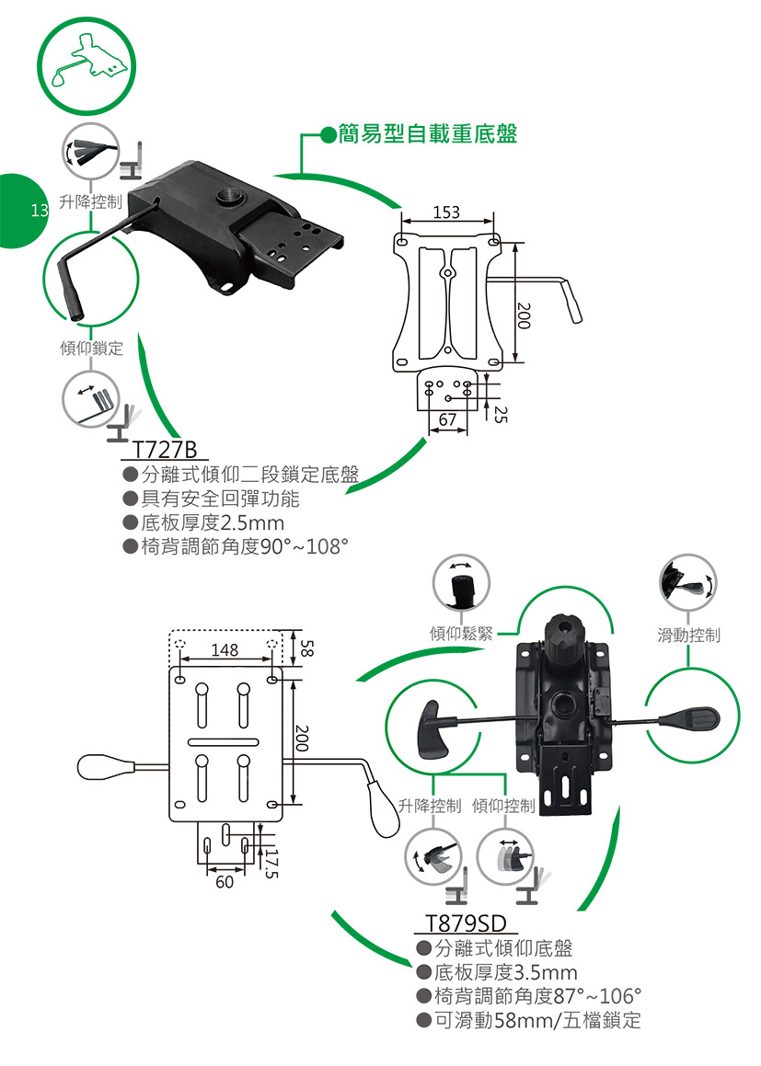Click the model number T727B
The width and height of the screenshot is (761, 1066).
coord(165,451)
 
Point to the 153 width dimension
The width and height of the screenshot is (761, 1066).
coord(446,213)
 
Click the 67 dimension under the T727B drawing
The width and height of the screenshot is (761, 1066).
coord(447,420)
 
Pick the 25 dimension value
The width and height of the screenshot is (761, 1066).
coord(500,413)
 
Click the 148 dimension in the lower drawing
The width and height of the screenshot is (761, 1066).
coord(225,650)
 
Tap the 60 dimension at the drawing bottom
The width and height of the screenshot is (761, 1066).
coord(225,882)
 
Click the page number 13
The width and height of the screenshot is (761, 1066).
coord(39,211)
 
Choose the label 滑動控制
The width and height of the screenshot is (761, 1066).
coord(689,635)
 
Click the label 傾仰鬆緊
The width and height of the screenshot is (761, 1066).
coord(461,633)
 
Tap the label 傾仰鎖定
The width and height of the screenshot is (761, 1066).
coord(91,349)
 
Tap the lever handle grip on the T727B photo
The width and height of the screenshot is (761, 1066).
coord(70,291)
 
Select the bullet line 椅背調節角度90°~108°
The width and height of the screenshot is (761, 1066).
coord(244,548)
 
